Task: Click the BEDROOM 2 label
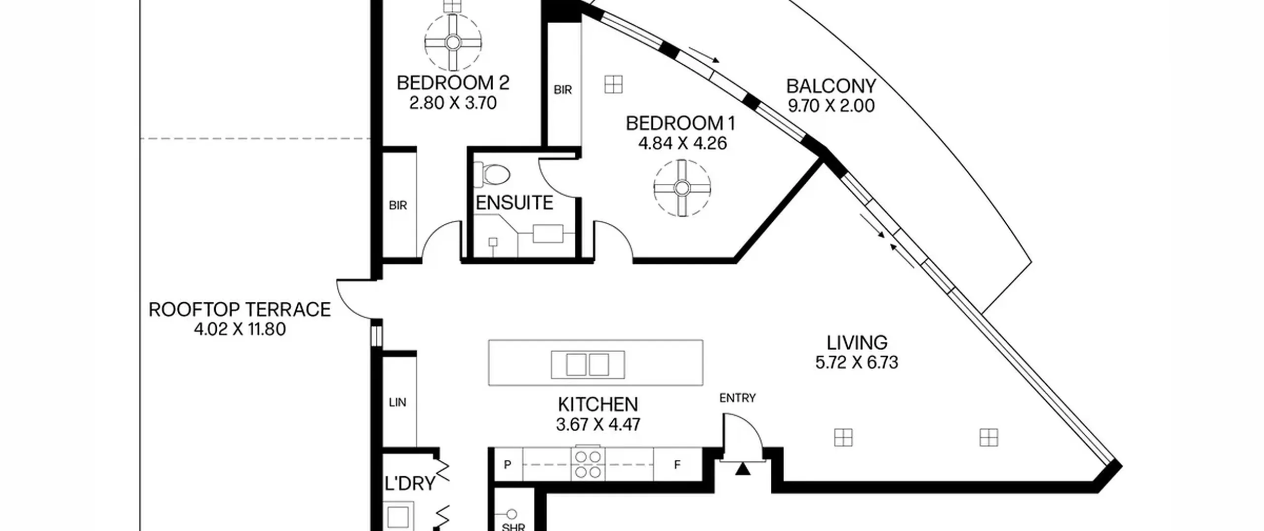tap(453, 82)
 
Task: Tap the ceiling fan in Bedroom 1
tap(682, 188)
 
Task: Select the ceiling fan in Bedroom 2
tap(453, 42)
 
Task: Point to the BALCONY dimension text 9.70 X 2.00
tap(831, 106)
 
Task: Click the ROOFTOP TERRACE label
tap(239, 310)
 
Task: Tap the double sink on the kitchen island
tap(588, 365)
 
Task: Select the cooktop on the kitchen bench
tap(588, 464)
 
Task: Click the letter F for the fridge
tap(677, 464)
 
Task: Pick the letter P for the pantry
tap(507, 464)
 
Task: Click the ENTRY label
tap(737, 398)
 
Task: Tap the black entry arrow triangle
tap(743, 469)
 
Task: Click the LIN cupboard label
tap(397, 403)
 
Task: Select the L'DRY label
tap(410, 484)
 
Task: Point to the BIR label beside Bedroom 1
tap(563, 90)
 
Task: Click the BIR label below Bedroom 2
tap(398, 205)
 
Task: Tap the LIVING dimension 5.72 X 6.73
tap(857, 363)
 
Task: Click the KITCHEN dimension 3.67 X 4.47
tap(598, 424)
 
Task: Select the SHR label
tap(513, 527)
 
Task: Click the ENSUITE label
tap(514, 203)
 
